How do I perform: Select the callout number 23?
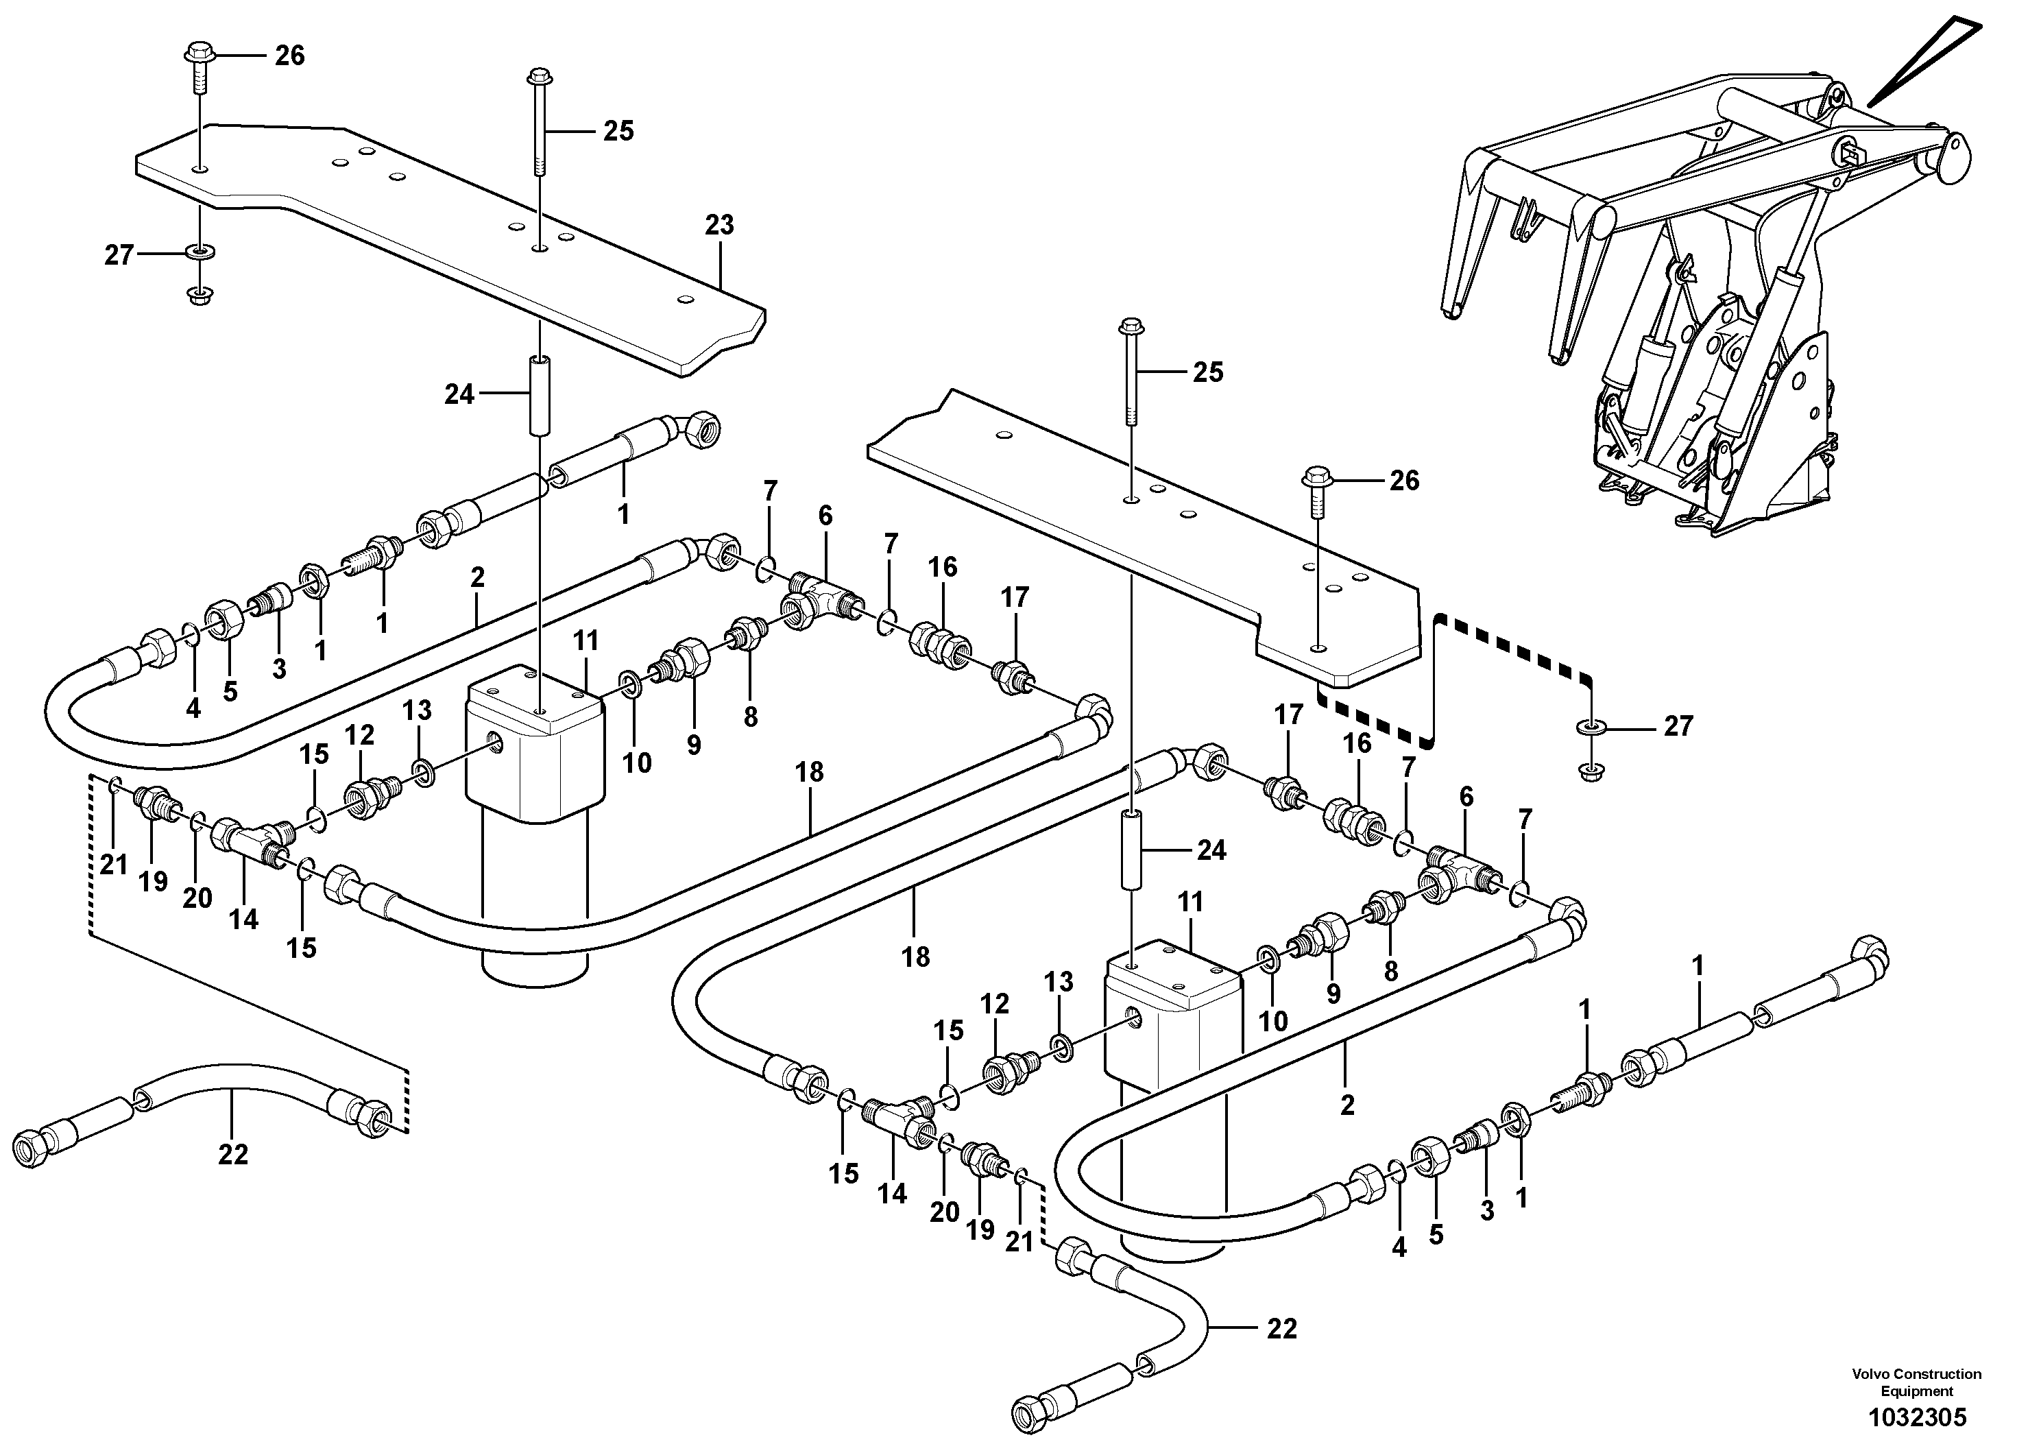point(719,225)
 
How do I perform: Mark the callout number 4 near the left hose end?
point(193,708)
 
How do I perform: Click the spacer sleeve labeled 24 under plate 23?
point(540,396)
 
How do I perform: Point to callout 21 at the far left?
point(114,864)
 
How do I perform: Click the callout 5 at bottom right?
point(1436,1234)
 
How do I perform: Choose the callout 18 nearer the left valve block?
point(809,771)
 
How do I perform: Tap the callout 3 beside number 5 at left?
point(279,669)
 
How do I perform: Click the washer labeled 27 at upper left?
point(195,254)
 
